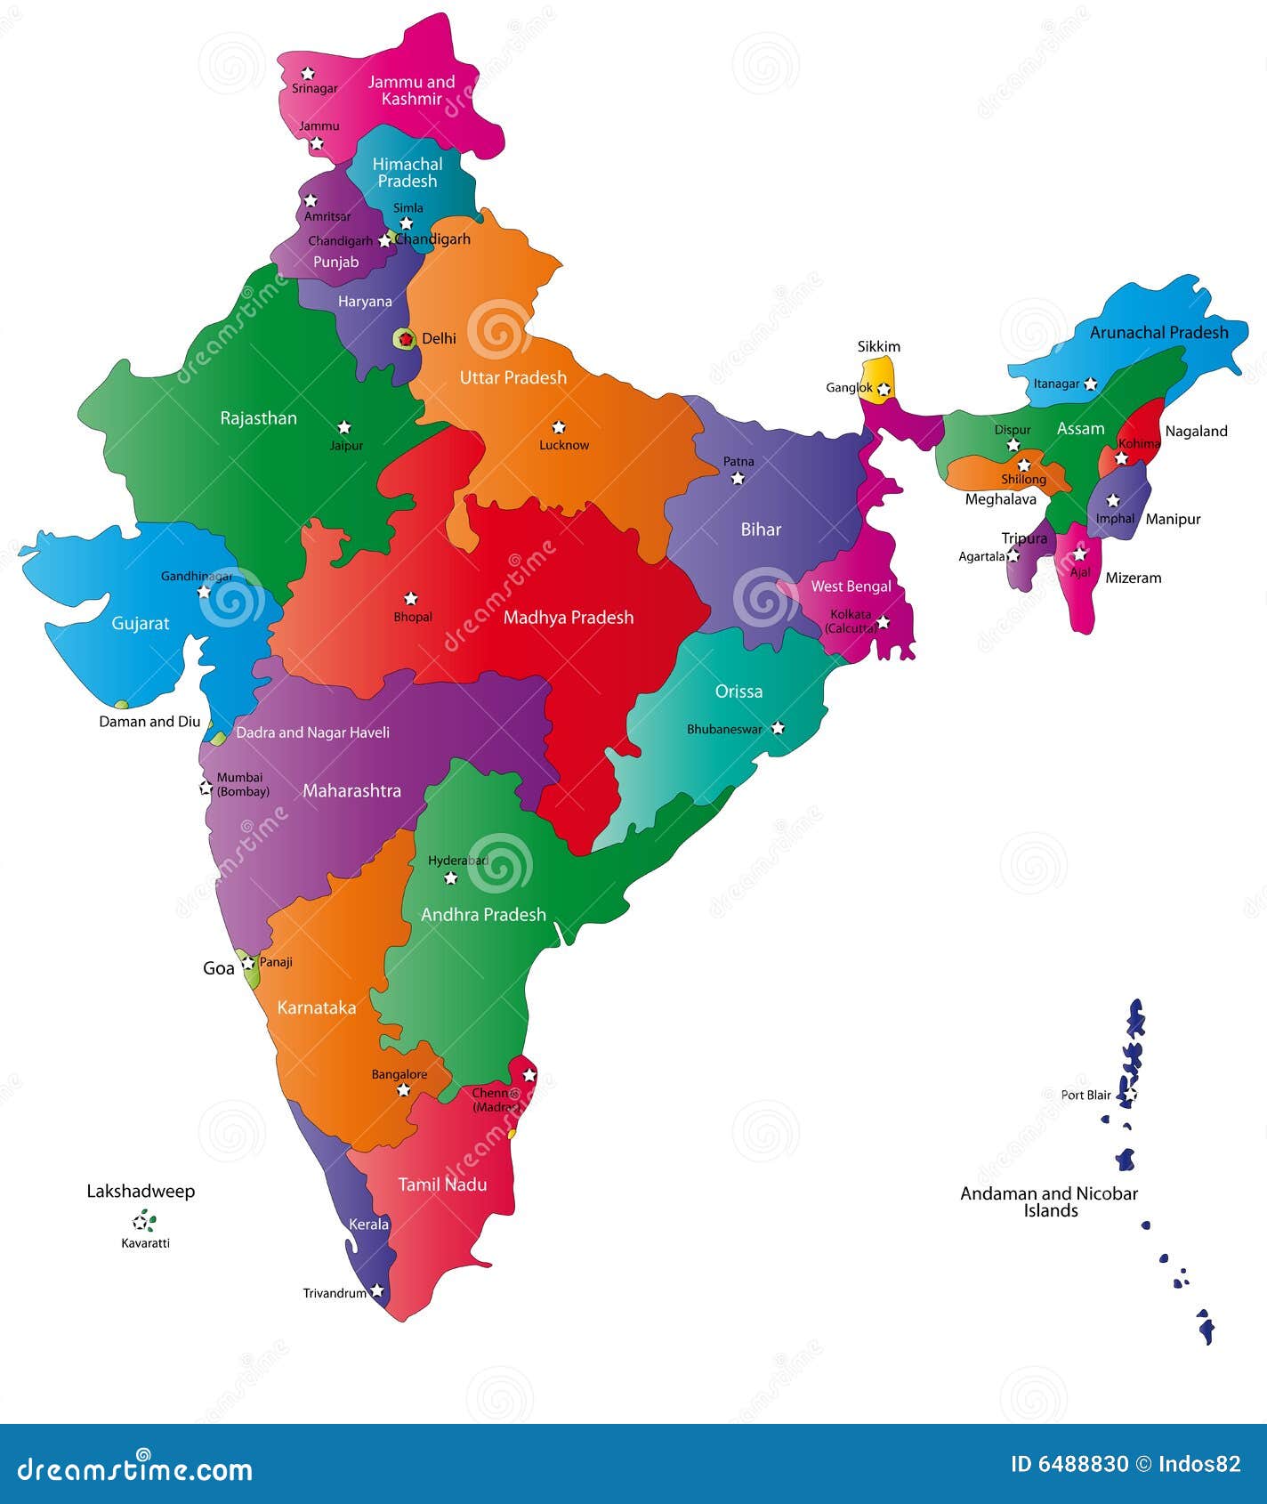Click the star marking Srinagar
pyautogui.click(x=308, y=73)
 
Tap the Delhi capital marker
pyautogui.click(x=406, y=339)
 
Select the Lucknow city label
pyautogui.click(x=564, y=445)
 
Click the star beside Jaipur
pyautogui.click(x=344, y=427)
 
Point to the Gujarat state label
pyautogui.click(x=141, y=624)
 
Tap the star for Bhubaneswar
pyautogui.click(x=778, y=728)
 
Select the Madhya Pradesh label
pyautogui.click(x=569, y=618)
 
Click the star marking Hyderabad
pyautogui.click(x=451, y=878)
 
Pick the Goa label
pyautogui.click(x=219, y=968)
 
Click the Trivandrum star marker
pyautogui.click(x=377, y=1290)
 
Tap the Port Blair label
pyautogui.click(x=1085, y=1096)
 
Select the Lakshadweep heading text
pyautogui.click(x=141, y=1192)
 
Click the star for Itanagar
pyautogui.click(x=1091, y=384)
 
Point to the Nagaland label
pyautogui.click(x=1196, y=432)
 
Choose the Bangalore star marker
pyautogui.click(x=403, y=1090)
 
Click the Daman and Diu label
pyautogui.click(x=149, y=722)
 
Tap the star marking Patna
pyautogui.click(x=738, y=479)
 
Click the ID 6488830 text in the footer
pyautogui.click(x=1069, y=1465)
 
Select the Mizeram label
pyautogui.click(x=1134, y=578)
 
